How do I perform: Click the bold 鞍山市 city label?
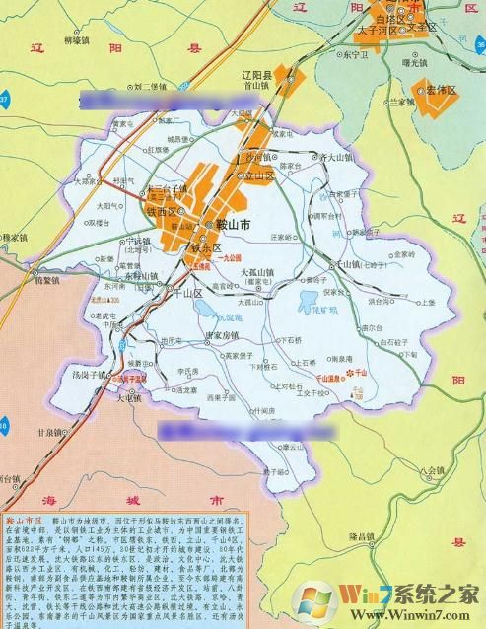[x=233, y=226]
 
